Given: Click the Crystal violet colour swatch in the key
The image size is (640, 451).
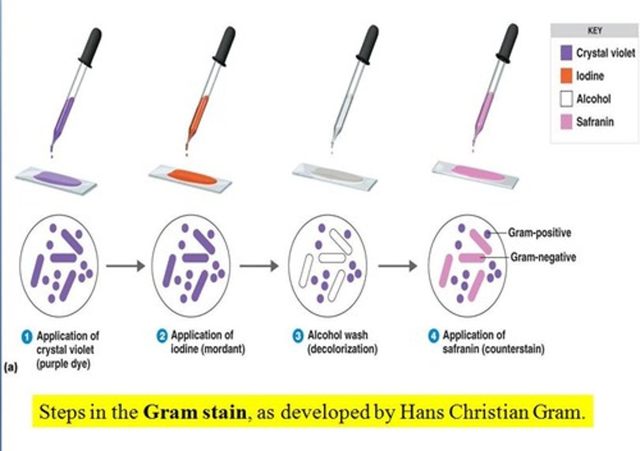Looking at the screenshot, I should click(566, 53).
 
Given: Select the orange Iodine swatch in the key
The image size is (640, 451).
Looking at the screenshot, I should click(566, 76).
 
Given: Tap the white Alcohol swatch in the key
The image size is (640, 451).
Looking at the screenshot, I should click(566, 99).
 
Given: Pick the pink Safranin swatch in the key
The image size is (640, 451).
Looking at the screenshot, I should click(566, 122).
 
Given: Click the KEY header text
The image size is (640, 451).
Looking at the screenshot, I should click(594, 31).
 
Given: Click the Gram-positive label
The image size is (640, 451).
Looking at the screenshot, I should click(539, 233).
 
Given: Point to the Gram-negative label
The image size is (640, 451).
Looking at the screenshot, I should click(543, 257).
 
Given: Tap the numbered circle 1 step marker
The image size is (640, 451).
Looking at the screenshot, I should click(27, 336).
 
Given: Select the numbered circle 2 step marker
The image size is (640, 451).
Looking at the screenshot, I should click(162, 336).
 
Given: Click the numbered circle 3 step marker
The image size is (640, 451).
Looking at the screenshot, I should click(298, 336).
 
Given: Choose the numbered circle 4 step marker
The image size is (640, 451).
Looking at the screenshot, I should click(433, 336).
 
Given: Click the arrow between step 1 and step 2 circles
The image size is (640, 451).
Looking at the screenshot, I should click(125, 266).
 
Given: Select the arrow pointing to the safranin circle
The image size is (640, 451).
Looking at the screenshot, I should click(397, 266).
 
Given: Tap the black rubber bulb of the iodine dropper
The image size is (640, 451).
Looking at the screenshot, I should click(225, 45).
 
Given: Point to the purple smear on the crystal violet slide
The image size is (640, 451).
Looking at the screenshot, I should click(57, 178).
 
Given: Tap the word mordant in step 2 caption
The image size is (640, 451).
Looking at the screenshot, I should click(224, 349).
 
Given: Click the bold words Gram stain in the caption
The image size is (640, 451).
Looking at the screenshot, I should click(195, 412).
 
